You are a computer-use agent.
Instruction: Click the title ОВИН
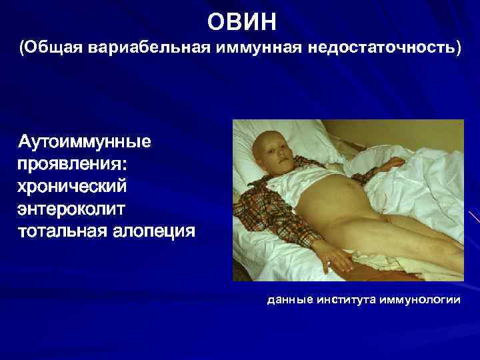pyautogui.click(x=241, y=23)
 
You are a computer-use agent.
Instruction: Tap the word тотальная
pyautogui.click(x=63, y=231)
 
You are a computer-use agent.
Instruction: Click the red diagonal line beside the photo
pyautogui.click(x=474, y=217)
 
